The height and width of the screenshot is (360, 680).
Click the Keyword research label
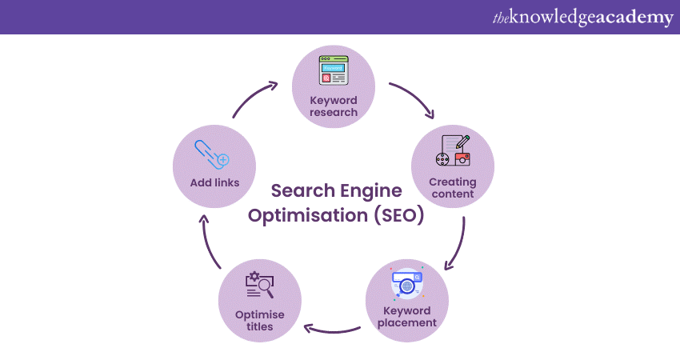pos(333,106)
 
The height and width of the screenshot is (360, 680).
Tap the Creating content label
pos(452,187)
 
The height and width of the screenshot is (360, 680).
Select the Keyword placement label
pos(406,317)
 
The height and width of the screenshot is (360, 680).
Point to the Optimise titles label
pos(259,320)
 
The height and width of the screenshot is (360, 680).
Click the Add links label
pos(214,182)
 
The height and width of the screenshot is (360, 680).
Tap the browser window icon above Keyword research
pos(334,71)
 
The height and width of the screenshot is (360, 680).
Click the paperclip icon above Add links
pos(212,154)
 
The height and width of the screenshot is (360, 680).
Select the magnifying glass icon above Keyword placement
pos(407,284)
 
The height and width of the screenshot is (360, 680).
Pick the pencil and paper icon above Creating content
pos(453,150)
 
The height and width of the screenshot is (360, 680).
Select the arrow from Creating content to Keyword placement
pos(458,244)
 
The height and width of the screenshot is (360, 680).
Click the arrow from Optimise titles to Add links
pos(210,244)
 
